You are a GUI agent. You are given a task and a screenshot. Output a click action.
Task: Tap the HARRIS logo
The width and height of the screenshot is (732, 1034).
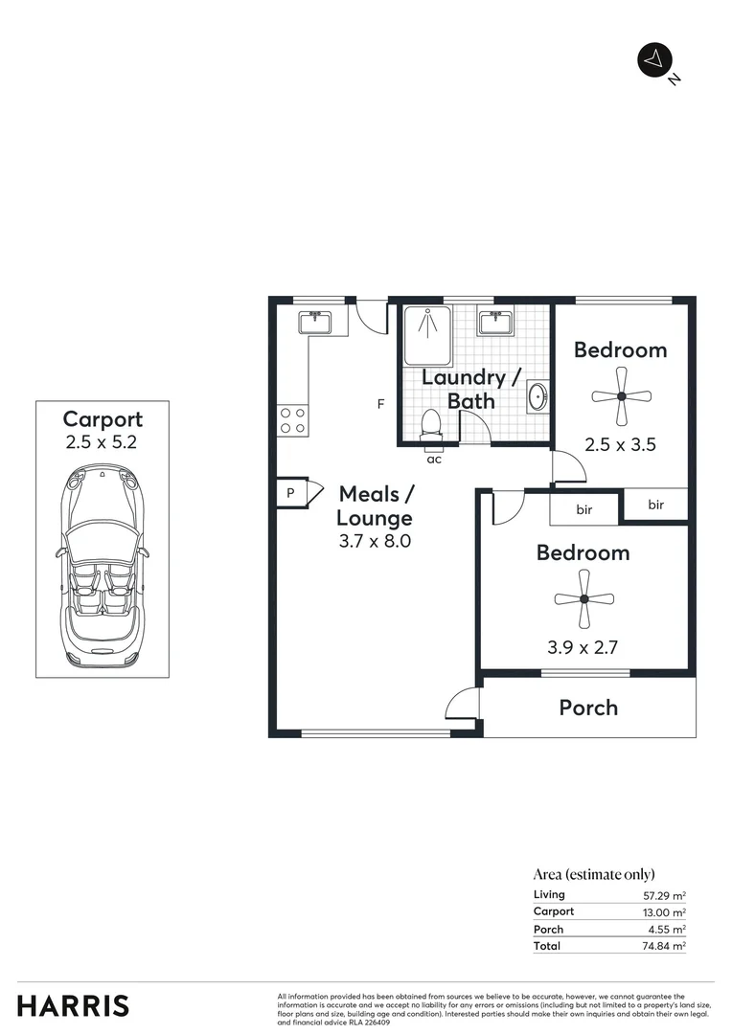[x=73, y=1005]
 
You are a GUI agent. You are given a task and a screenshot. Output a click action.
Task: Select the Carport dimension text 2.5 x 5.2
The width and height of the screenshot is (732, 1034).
[x=102, y=442]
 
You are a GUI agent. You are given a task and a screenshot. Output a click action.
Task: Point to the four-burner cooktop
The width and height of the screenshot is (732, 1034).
[x=292, y=419]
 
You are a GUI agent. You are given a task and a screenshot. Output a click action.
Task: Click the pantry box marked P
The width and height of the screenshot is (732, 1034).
[x=289, y=492]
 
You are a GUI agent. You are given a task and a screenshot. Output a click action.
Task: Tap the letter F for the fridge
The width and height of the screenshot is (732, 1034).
[x=380, y=404]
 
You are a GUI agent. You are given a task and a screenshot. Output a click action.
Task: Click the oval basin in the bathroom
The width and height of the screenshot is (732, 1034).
[x=538, y=395]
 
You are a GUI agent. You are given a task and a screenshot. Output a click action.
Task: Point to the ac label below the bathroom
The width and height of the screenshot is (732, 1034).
[x=434, y=460]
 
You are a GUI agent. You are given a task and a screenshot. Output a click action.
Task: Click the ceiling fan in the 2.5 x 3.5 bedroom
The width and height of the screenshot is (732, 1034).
[x=621, y=396]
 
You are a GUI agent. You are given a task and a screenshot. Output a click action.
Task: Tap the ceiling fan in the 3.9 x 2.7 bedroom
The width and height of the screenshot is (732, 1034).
[x=583, y=599]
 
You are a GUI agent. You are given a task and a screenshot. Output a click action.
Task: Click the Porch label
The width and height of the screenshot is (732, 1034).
[x=588, y=708]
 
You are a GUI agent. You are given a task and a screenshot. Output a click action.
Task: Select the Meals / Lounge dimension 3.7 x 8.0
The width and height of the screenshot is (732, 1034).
[x=375, y=541]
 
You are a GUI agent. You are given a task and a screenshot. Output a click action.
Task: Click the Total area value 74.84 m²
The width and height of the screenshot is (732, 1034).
[x=664, y=946]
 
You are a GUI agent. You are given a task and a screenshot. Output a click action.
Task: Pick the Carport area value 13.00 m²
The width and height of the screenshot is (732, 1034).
[x=664, y=912]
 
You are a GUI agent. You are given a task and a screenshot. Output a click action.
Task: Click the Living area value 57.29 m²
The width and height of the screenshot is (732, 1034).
[x=664, y=895]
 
